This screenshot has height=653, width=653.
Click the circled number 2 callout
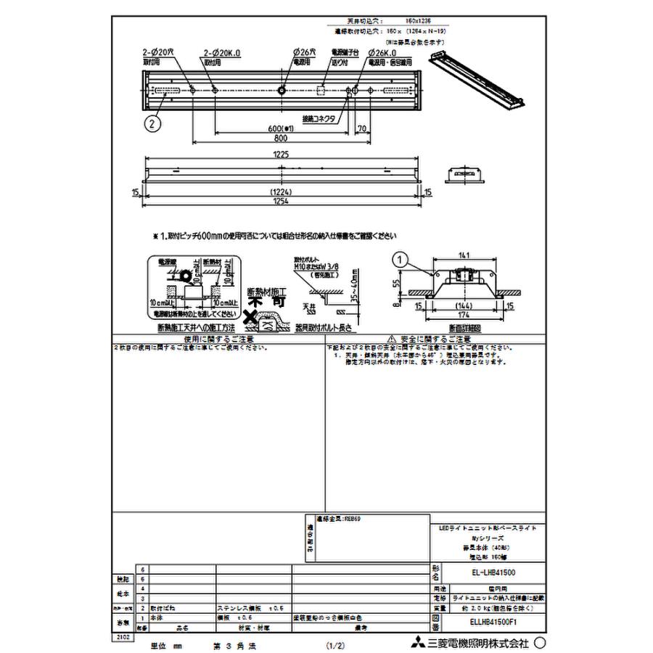pyautogui.click(x=151, y=124)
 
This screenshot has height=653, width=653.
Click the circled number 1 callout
pyautogui.click(x=398, y=258)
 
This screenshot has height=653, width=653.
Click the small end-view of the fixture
pyautogui.click(x=462, y=175)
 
